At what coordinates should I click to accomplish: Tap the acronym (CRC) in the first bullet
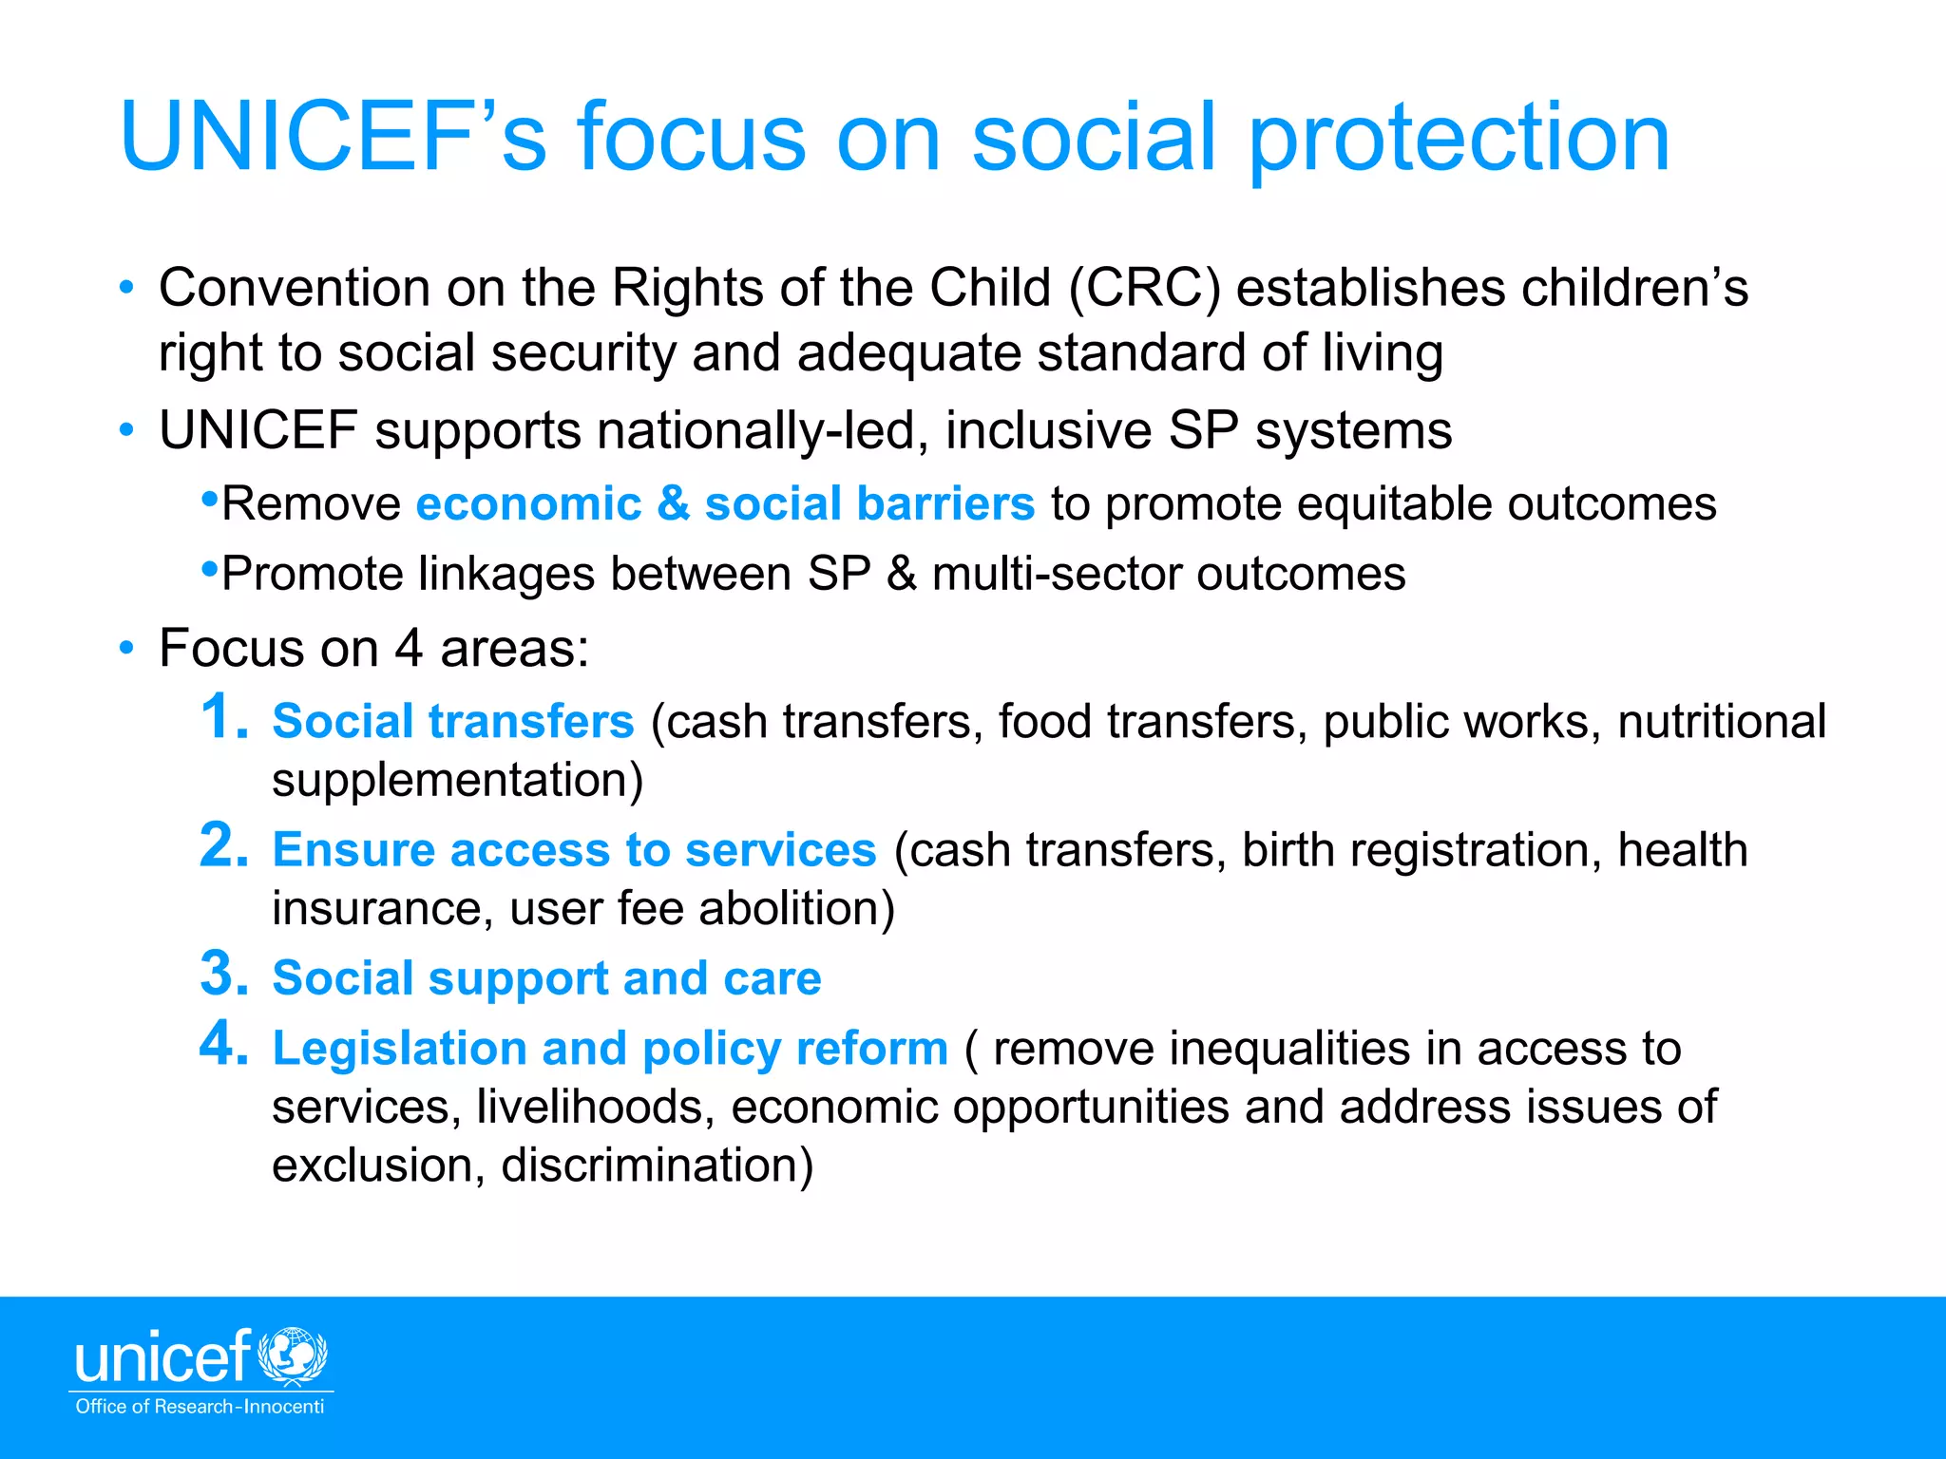[x=1144, y=288]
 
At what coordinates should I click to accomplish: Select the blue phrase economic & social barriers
[x=725, y=503]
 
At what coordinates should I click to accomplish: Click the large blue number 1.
[x=224, y=717]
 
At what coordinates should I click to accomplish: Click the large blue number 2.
[x=224, y=845]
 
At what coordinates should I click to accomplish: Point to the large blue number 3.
[x=224, y=975]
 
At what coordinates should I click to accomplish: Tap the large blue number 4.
[x=224, y=1045]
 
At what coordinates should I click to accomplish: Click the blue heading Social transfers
[x=452, y=721]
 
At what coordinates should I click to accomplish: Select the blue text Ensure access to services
[x=574, y=849]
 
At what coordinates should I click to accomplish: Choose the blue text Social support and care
[x=546, y=978]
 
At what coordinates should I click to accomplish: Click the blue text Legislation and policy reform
[x=610, y=1049]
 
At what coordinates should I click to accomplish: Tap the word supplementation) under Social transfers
[x=457, y=780]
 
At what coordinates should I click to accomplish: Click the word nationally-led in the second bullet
[x=762, y=430]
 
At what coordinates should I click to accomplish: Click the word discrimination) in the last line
[x=657, y=1165]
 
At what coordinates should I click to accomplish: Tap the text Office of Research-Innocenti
[x=200, y=1407]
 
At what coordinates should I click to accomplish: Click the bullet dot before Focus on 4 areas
[x=126, y=649]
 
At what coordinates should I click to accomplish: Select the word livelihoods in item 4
[x=596, y=1108]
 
